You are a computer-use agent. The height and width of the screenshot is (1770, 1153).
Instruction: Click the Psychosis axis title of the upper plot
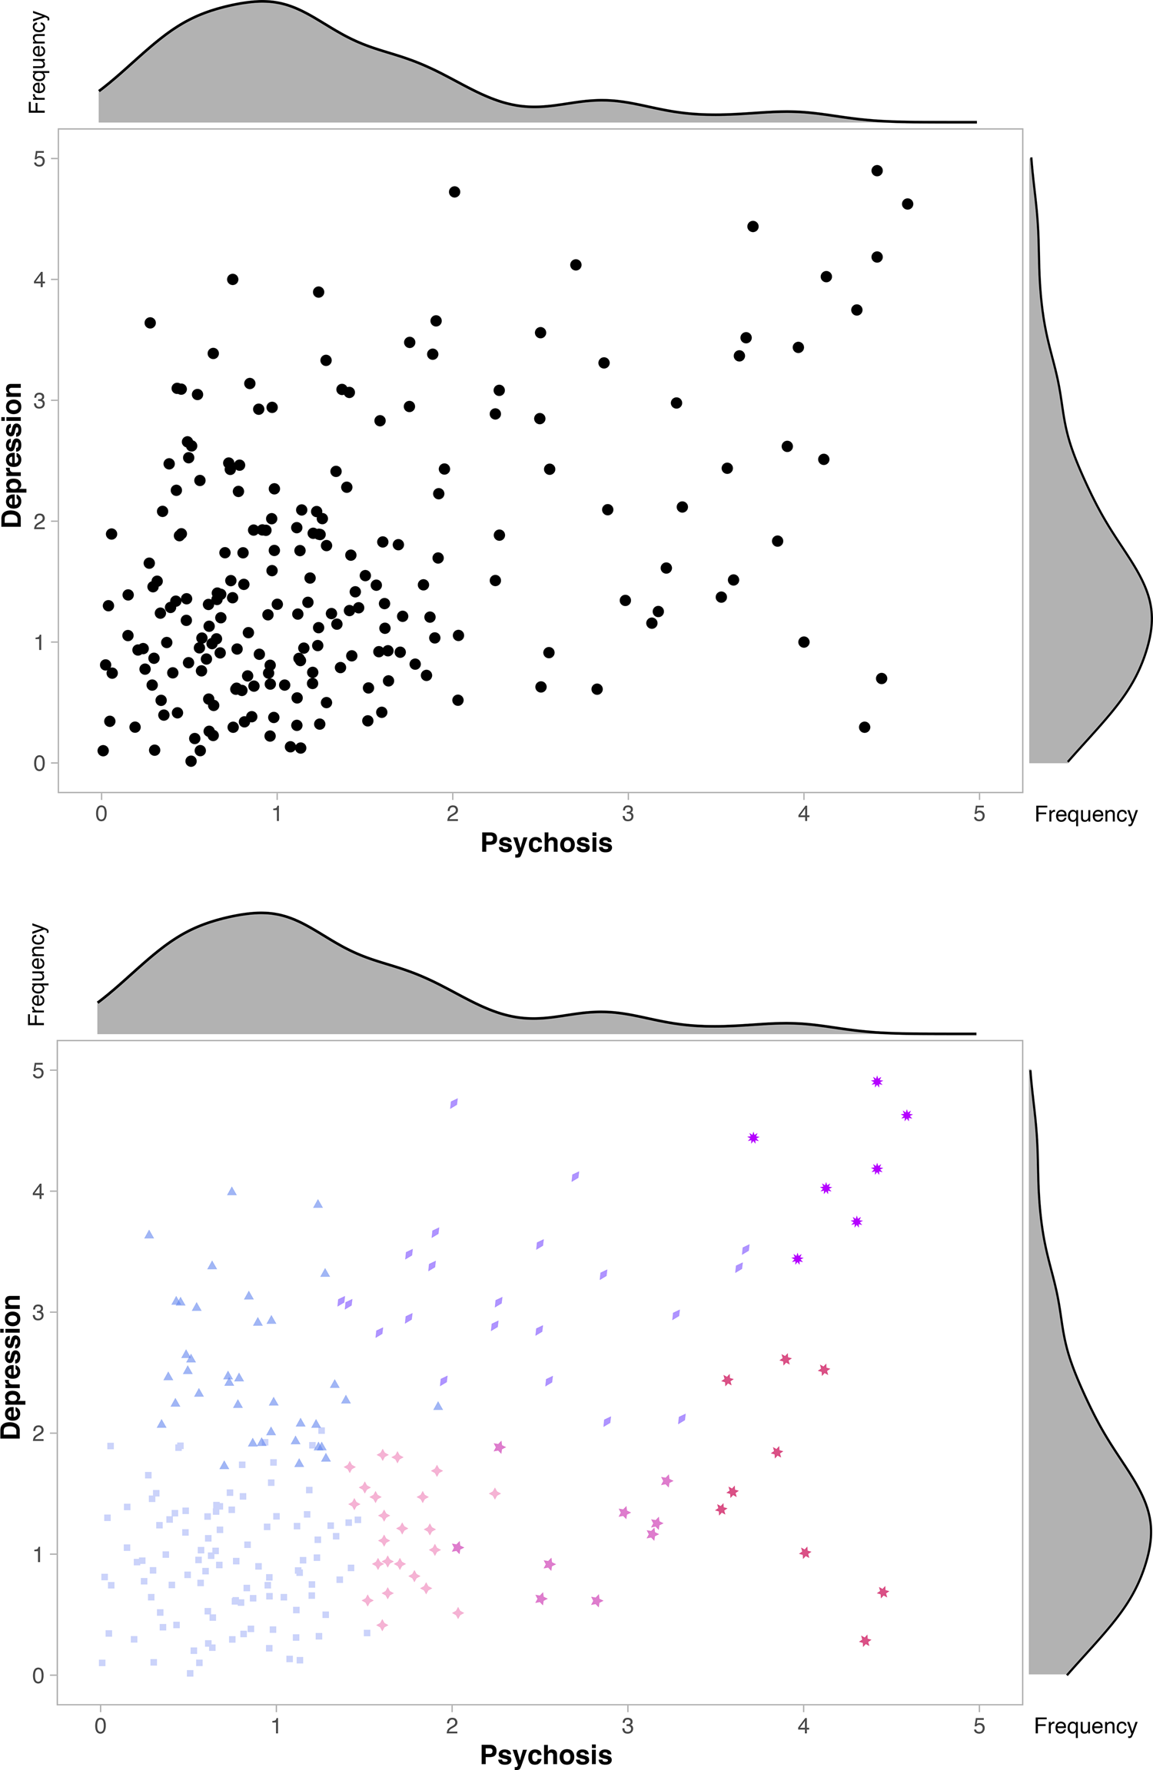[x=546, y=843]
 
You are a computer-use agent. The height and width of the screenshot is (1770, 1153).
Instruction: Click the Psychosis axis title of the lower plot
[x=546, y=1755]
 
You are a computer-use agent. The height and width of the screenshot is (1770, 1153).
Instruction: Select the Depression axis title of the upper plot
[x=13, y=455]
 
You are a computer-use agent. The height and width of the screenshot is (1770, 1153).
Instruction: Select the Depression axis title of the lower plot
[x=13, y=1367]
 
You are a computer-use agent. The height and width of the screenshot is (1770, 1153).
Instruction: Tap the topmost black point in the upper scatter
[x=877, y=171]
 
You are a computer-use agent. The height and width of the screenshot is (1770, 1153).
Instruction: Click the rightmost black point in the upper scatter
[x=907, y=204]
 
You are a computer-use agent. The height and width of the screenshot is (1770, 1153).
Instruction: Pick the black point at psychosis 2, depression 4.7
[x=454, y=192]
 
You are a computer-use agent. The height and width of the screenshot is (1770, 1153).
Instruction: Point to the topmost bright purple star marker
[x=877, y=1082]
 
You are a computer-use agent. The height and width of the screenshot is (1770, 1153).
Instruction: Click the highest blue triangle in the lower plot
[x=232, y=1192]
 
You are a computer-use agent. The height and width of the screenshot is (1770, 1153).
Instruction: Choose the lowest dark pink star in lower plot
[x=865, y=1640]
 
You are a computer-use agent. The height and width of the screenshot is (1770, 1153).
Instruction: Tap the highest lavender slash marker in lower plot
[x=454, y=1103]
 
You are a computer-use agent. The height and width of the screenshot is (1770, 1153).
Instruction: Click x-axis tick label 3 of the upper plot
[x=628, y=814]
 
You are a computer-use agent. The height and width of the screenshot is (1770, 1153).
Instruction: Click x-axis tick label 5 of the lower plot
[x=979, y=1726]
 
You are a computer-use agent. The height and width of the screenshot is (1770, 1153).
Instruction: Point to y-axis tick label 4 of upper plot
[x=40, y=280]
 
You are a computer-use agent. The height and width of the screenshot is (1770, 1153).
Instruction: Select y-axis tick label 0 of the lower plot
[x=38, y=1676]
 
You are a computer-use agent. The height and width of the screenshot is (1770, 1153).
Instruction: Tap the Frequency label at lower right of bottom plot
[x=1085, y=1726]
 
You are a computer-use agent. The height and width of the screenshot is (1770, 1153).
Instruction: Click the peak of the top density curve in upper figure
[x=261, y=2]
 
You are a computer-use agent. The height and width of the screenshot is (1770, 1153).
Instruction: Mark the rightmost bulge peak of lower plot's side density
[x=1151, y=1530]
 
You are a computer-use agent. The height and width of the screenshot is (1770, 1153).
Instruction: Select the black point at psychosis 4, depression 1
[x=804, y=641]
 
